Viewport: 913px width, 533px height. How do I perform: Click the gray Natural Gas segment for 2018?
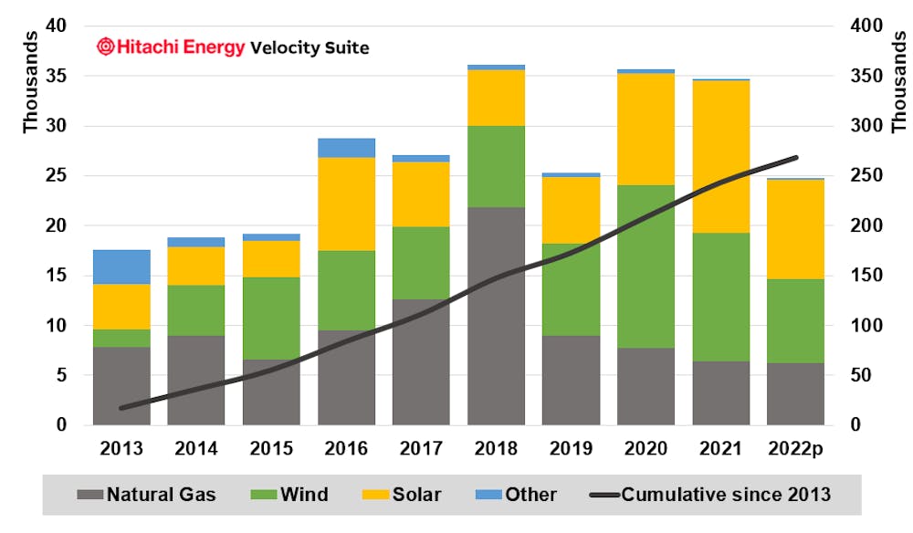[496, 315]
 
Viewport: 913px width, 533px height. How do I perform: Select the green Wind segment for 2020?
[645, 266]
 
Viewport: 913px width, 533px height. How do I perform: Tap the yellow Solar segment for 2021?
[720, 156]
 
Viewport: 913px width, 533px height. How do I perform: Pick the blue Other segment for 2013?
[121, 266]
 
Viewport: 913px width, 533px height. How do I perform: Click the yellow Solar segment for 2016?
[346, 204]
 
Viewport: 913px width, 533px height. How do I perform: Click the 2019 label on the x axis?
[571, 449]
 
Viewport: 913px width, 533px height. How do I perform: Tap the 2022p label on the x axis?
[795, 449]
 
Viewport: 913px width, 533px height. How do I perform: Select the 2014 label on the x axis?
[196, 449]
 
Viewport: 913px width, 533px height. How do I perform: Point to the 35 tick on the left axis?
[57, 76]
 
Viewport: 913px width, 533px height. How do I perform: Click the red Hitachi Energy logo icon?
[106, 47]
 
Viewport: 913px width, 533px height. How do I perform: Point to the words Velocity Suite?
[310, 47]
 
